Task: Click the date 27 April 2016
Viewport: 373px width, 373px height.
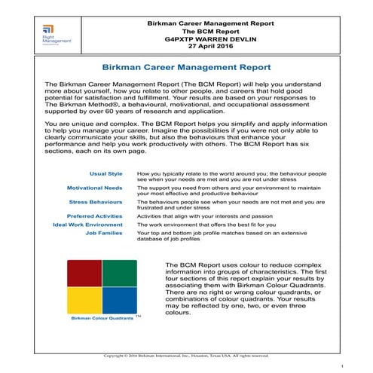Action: pyautogui.click(x=211, y=44)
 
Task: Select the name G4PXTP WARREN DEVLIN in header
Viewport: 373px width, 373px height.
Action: pyautogui.click(x=211, y=35)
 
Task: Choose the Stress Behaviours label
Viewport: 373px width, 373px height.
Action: pyautogui.click(x=96, y=202)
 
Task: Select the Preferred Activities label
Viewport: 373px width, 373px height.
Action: pyautogui.click(x=94, y=216)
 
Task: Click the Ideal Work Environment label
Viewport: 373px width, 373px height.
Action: pyautogui.click(x=87, y=225)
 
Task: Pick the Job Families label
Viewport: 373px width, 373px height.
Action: pyautogui.click(x=104, y=234)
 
